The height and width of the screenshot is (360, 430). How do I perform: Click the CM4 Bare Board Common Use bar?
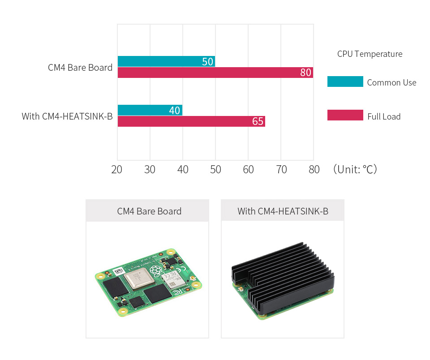tap(166, 61)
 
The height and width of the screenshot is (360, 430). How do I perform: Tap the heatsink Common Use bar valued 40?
tap(150, 110)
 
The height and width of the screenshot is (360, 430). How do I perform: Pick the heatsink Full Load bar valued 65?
tap(191, 121)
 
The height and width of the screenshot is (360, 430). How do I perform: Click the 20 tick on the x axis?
tap(117, 169)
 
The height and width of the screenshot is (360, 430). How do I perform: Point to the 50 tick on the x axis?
tap(215, 169)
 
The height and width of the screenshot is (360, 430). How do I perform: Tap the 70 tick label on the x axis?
tap(281, 169)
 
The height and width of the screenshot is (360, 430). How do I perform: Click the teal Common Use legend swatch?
tap(345, 81)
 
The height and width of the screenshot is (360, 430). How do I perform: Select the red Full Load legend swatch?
tap(345, 115)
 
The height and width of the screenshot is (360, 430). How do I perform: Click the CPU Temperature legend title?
tap(370, 54)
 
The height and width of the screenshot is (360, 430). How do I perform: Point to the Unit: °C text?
tap(355, 169)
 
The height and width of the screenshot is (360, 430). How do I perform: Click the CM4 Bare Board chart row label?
tap(80, 68)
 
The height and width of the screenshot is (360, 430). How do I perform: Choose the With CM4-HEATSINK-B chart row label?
tap(67, 117)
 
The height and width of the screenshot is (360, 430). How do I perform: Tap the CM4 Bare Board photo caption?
tap(149, 211)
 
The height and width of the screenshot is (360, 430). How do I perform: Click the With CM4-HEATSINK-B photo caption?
tap(283, 211)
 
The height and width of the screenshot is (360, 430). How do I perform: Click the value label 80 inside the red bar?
tap(306, 73)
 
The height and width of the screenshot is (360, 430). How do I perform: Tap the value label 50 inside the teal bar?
tap(207, 62)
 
